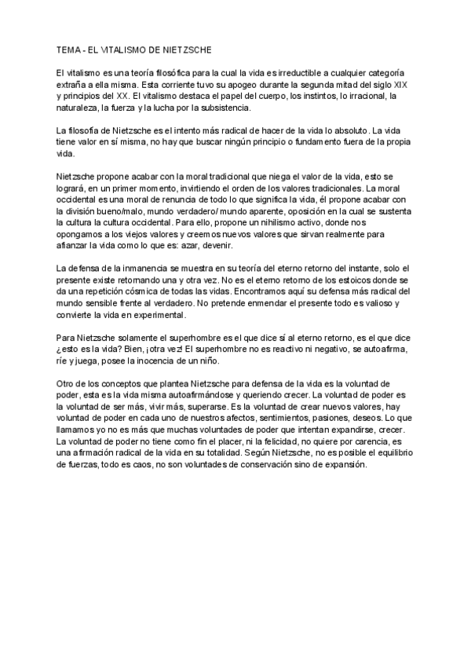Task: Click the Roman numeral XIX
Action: click(x=399, y=84)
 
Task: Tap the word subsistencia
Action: click(x=223, y=108)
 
